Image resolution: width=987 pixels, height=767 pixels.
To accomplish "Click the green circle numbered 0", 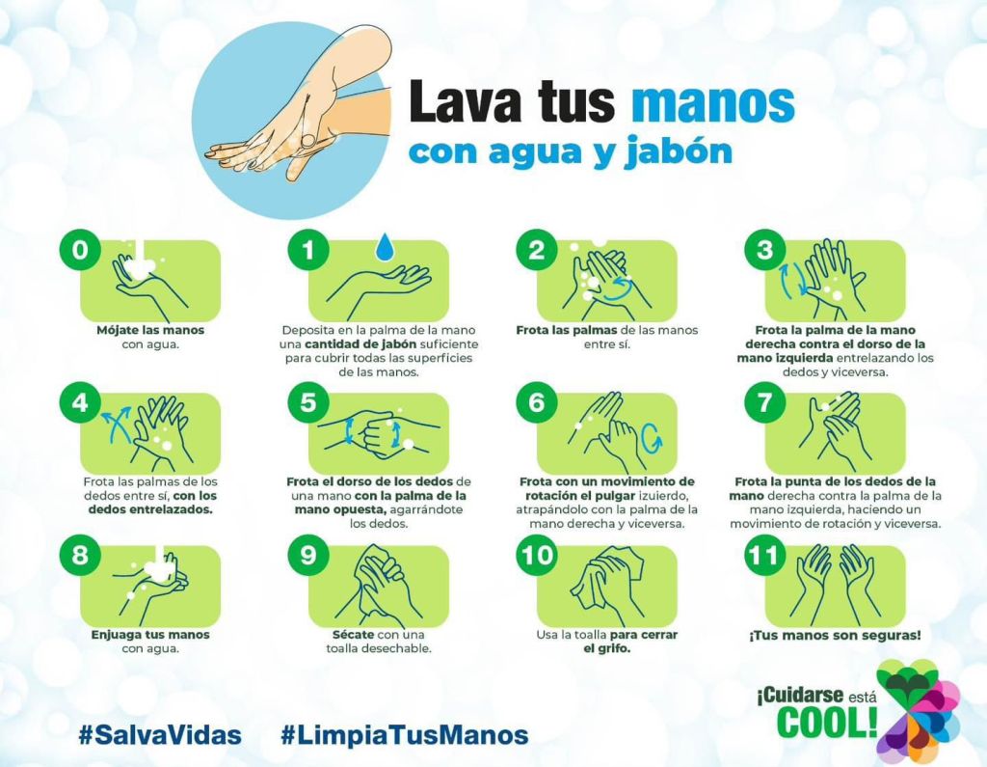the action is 80,250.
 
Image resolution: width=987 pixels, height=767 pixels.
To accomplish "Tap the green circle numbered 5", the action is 308,402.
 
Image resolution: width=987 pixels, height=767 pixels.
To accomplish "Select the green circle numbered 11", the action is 764,556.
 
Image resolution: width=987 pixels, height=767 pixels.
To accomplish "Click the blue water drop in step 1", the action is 384,246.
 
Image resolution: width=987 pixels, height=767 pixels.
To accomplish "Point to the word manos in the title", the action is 712,101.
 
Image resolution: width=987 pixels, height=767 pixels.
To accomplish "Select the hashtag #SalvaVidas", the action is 160,735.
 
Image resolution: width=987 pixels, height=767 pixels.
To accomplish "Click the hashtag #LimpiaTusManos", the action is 404,735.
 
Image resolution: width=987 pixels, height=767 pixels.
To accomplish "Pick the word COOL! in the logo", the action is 827,722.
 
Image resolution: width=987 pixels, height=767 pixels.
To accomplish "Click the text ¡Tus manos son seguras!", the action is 835,635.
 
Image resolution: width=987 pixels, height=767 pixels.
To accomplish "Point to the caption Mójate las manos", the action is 150,330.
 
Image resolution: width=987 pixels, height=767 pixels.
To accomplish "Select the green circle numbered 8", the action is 80,556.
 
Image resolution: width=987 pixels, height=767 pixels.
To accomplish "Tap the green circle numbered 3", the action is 764,250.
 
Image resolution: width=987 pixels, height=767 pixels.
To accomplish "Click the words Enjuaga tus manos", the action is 150,635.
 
